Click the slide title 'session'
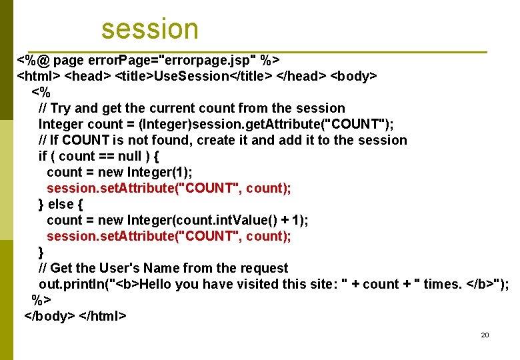point(150,29)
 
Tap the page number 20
point(485,335)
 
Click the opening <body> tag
point(354,76)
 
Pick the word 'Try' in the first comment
point(60,108)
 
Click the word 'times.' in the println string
point(443,284)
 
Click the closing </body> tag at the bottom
point(49,315)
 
